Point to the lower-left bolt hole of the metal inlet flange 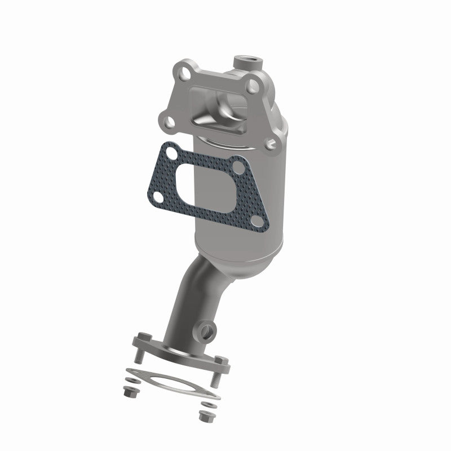(166, 121)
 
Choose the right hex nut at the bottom (203, 417)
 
